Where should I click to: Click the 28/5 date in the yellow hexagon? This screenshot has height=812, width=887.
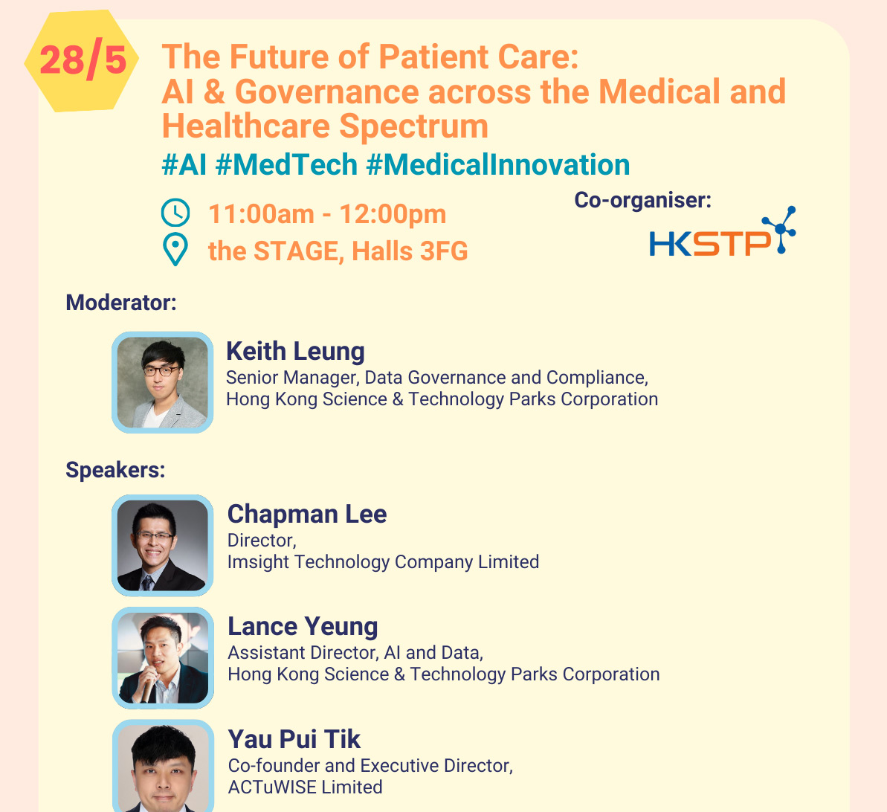[x=83, y=60]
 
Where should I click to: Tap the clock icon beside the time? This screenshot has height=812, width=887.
[x=175, y=213]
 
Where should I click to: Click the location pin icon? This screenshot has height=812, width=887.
[x=175, y=250]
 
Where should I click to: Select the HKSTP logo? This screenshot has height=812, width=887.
[x=723, y=232]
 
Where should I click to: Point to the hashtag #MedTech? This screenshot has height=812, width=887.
[x=287, y=164]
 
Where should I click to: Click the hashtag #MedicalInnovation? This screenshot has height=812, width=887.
[x=498, y=164]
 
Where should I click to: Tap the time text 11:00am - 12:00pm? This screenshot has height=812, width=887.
[x=327, y=214]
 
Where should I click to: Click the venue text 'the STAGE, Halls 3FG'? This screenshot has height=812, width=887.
[x=338, y=251]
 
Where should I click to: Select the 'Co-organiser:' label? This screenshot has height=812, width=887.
[x=642, y=200]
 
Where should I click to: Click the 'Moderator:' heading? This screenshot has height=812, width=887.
[x=121, y=303]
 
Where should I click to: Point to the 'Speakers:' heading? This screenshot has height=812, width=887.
[x=115, y=470]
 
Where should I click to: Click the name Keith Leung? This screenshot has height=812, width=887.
[x=295, y=352]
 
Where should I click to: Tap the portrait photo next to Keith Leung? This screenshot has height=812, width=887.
[x=162, y=382]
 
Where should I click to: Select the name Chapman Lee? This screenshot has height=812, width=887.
[x=307, y=514]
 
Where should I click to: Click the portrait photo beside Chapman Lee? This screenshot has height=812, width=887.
[x=162, y=546]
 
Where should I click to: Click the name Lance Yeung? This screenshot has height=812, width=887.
[x=303, y=626]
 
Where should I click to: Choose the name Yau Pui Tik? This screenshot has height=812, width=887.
[x=294, y=739]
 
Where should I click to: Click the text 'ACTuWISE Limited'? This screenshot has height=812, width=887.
[x=306, y=787]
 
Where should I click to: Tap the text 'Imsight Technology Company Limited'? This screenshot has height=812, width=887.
[x=383, y=562]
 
